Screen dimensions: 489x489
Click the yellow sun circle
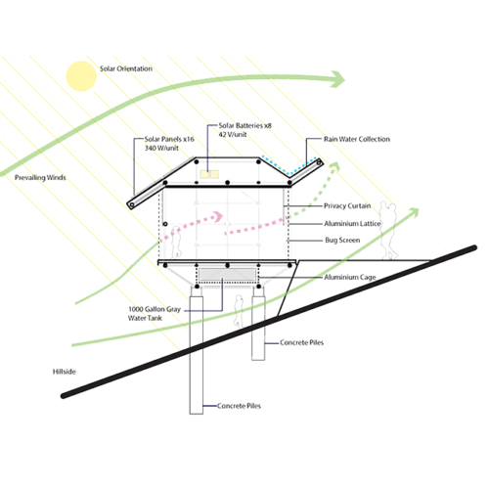[81, 76]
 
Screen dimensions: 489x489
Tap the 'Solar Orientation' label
[126, 68]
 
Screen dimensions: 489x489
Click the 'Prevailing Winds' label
[40, 178]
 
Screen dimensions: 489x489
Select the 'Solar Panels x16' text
[169, 139]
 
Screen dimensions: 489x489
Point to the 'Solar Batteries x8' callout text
[244, 125]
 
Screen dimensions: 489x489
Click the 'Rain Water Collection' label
[357, 139]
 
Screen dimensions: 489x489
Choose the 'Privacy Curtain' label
[347, 206]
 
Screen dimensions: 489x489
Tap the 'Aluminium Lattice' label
[352, 224]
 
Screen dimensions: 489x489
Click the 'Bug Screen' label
[342, 241]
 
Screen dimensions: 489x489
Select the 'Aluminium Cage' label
[350, 277]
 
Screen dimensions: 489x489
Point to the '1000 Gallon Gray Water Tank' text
[155, 314]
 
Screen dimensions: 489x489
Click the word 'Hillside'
[65, 372]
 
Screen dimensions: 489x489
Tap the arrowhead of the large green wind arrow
[337, 79]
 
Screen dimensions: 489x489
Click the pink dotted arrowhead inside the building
[218, 216]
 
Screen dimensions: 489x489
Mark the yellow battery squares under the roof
[209, 174]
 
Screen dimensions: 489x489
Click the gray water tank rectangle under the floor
[227, 274]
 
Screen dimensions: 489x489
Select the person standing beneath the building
[239, 311]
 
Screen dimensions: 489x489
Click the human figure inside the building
[176, 242]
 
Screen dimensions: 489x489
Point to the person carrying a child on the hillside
[389, 231]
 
